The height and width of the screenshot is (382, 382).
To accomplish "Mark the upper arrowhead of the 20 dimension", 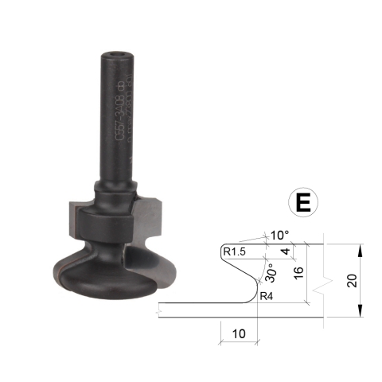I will click(x=360, y=249).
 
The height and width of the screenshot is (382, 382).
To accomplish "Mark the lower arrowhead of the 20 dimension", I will click(x=360, y=311).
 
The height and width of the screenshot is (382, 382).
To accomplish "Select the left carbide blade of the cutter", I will click(x=73, y=219).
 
